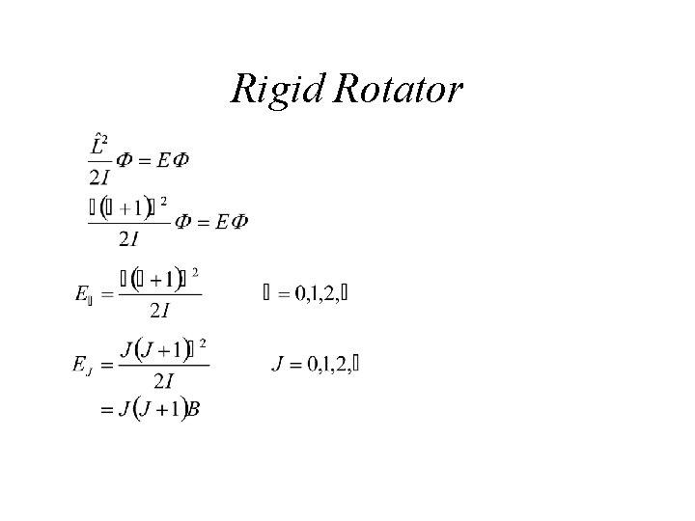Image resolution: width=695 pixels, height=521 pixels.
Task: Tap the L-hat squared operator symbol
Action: [100, 145]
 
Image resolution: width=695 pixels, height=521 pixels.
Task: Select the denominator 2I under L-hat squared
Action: [99, 177]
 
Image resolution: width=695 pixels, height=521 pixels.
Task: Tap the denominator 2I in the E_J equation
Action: [161, 381]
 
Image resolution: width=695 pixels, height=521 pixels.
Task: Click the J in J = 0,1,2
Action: [280, 364]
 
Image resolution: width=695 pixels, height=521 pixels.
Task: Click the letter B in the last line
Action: [193, 409]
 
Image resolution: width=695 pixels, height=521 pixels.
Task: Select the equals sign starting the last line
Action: [107, 409]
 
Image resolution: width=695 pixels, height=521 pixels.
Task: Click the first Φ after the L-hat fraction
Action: [126, 160]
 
